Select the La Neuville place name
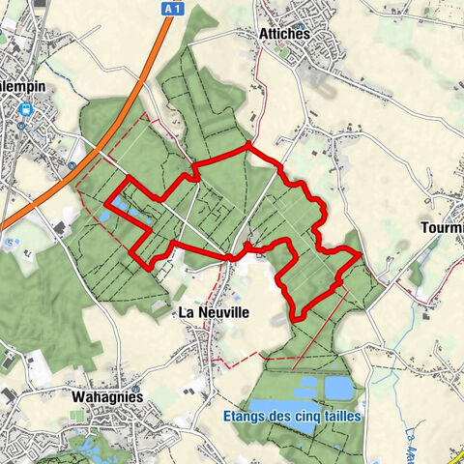[214, 313]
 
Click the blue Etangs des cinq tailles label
[291, 417]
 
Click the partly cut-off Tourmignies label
[443, 228]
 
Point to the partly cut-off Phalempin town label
[21, 83]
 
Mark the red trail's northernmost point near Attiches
[248, 145]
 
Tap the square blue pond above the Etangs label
[338, 388]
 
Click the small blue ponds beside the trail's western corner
[103, 215]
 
